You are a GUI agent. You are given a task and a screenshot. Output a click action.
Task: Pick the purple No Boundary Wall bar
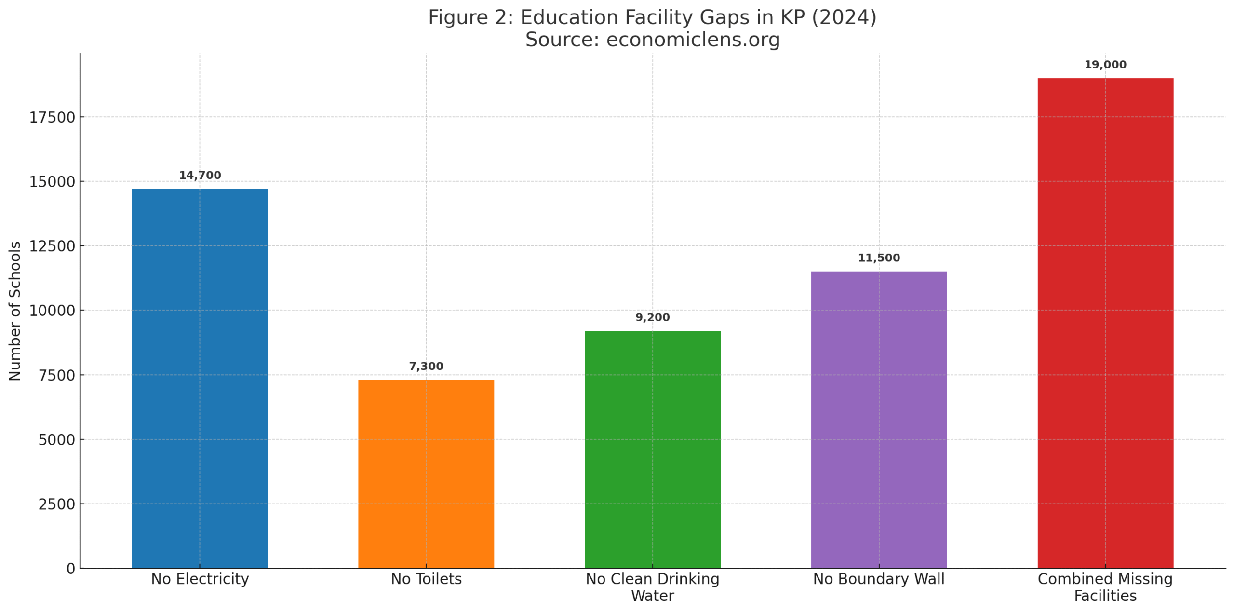coord(878,419)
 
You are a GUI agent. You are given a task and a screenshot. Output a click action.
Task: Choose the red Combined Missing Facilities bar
coord(1105,323)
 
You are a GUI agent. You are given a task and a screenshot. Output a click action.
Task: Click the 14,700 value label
coord(200,175)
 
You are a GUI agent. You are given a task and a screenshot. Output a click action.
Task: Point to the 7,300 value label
coord(426,366)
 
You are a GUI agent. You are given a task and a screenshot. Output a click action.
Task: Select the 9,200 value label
coord(652,317)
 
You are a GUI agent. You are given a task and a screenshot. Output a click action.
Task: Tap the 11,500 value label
coord(878,258)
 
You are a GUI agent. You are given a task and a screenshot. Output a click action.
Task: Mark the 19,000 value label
coord(1105,65)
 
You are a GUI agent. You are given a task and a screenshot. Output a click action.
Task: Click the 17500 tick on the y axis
coord(52,117)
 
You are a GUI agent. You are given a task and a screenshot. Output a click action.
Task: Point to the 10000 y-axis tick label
coord(52,311)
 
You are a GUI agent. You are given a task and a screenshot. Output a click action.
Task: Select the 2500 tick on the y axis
coord(57,504)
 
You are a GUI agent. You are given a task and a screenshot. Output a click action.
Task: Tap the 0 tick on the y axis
coord(71,569)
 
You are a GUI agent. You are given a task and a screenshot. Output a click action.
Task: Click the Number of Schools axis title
coord(15,311)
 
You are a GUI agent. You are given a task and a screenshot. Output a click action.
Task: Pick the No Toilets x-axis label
coord(426,579)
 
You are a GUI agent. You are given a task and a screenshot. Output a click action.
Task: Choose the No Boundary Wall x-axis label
coord(878,579)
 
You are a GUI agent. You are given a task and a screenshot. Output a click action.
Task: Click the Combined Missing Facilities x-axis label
coord(1105,587)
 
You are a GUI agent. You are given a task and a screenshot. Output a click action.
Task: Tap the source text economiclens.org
coord(693,40)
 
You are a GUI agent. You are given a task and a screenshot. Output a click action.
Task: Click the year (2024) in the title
coord(844,17)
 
